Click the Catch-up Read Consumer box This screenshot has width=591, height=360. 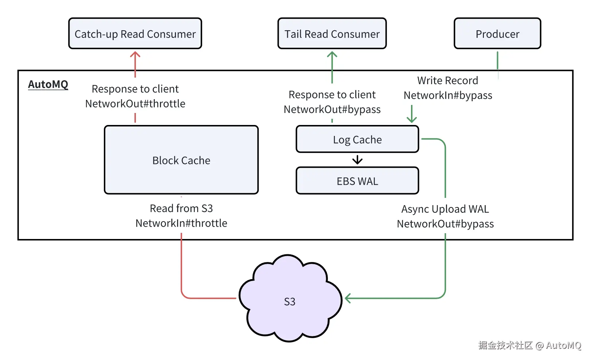click(x=135, y=34)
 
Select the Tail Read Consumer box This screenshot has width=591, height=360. click(x=332, y=34)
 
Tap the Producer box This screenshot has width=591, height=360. click(x=497, y=34)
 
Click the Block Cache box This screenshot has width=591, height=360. click(x=181, y=160)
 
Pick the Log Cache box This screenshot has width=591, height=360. click(x=357, y=139)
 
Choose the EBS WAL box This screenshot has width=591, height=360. click(x=357, y=181)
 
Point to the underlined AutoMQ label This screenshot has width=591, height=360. click(x=48, y=84)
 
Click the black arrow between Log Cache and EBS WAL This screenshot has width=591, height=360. click(x=357, y=160)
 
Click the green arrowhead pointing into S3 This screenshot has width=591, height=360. click(x=348, y=298)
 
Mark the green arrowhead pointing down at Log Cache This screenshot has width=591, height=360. click(x=412, y=119)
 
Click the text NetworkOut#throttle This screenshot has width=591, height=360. click(x=135, y=103)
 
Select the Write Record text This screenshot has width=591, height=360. click(x=447, y=80)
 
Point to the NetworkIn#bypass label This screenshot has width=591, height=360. click(x=448, y=95)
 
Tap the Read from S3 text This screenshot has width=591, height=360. click(x=181, y=208)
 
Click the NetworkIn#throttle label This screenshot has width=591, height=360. click(x=181, y=223)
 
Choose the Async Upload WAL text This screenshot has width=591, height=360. click(x=445, y=209)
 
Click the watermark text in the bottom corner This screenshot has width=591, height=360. click(x=529, y=345)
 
